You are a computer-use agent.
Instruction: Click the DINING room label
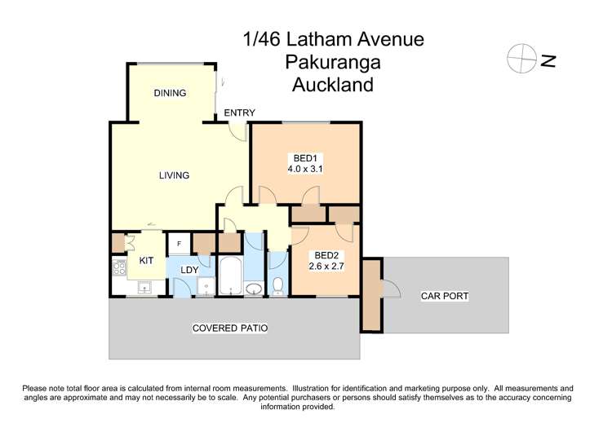[171, 93]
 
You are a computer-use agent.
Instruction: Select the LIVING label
[174, 175]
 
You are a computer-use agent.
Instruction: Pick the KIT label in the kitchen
[147, 261]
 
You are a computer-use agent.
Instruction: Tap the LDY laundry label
[190, 269]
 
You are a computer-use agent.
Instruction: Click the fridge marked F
[179, 244]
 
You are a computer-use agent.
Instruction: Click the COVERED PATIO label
[230, 328]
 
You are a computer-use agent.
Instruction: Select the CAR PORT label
[445, 296]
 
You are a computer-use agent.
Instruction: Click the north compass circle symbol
[519, 60]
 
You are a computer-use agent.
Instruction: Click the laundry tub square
[206, 285]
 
